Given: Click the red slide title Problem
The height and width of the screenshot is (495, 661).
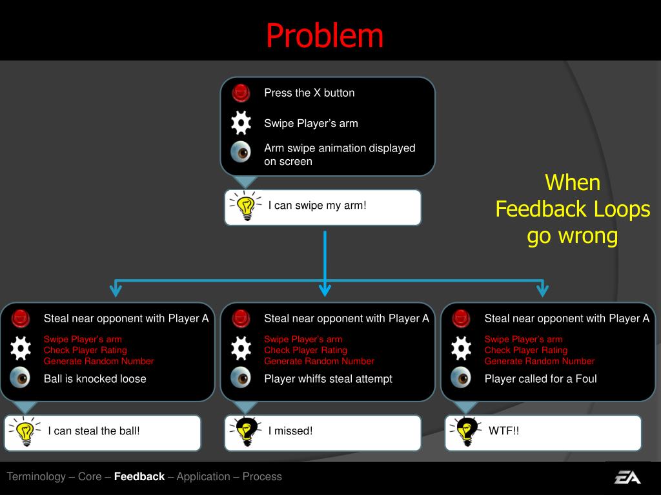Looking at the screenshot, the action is pyautogui.click(x=325, y=35).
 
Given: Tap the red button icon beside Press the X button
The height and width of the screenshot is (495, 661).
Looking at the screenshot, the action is pyautogui.click(x=241, y=93).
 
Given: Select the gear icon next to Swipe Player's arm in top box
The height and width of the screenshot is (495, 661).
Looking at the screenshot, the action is pyautogui.click(x=241, y=122).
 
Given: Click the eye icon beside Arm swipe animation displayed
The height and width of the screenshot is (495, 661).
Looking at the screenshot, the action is pyautogui.click(x=241, y=152).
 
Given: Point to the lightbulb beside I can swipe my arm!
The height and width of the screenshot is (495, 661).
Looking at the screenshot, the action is pyautogui.click(x=245, y=206).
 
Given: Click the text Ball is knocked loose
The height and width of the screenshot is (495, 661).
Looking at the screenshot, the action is pyautogui.click(x=95, y=379).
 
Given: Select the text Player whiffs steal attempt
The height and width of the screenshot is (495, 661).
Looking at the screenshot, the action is pyautogui.click(x=328, y=379).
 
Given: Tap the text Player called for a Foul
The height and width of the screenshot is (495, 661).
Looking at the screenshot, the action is pyautogui.click(x=540, y=379).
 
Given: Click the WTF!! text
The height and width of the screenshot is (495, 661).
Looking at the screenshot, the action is pyautogui.click(x=503, y=431).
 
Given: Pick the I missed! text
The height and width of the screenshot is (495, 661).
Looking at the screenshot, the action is pyautogui.click(x=290, y=431).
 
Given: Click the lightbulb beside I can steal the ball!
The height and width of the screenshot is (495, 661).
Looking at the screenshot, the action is pyautogui.click(x=25, y=431).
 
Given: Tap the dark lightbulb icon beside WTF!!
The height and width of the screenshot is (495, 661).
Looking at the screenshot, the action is pyautogui.click(x=465, y=431).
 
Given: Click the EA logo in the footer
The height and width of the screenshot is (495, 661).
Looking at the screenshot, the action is pyautogui.click(x=627, y=477).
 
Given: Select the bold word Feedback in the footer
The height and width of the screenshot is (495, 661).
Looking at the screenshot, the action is pyautogui.click(x=139, y=477).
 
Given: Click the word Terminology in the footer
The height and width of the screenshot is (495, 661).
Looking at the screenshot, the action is pyautogui.click(x=36, y=477).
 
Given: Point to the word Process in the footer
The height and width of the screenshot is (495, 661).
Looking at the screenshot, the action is pyautogui.click(x=262, y=477).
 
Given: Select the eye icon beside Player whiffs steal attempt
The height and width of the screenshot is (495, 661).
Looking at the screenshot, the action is pyautogui.click(x=241, y=377).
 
